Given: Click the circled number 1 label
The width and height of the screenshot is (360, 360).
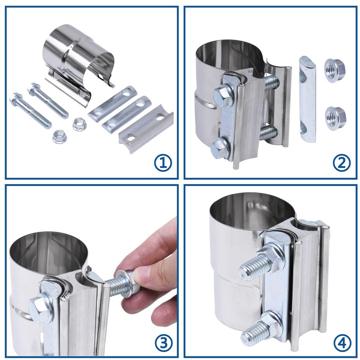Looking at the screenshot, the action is coord(163,163).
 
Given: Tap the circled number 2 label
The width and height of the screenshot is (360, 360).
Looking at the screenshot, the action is coord(342,163).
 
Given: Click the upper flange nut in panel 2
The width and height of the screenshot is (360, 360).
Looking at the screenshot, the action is coord(335,68).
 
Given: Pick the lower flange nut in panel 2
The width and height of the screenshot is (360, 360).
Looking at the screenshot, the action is coord(335,117).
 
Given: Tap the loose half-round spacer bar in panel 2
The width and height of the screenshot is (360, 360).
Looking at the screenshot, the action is coord(308,99).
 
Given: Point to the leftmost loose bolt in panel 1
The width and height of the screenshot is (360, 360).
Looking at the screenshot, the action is coord(30,110).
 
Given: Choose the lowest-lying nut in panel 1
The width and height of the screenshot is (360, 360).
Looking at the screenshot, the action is coord(59,137).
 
